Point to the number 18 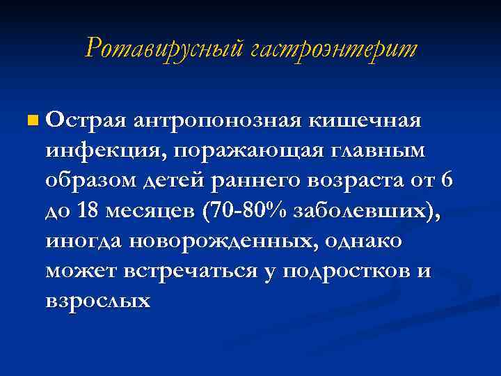[88, 211]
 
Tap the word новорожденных [242, 241]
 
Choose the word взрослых [98, 301]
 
